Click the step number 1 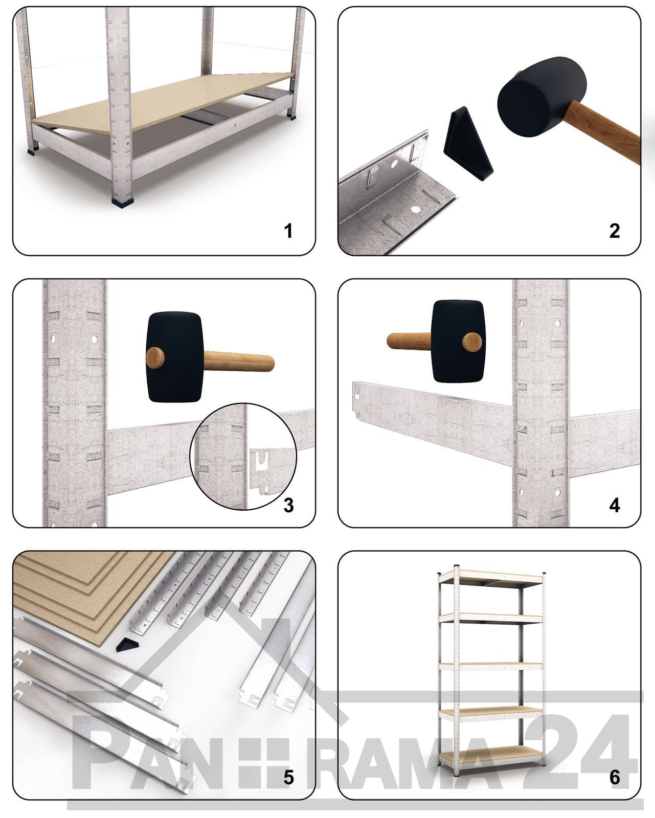pyautogui.click(x=288, y=231)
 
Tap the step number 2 pyautogui.click(x=614, y=231)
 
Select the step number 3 pyautogui.click(x=288, y=505)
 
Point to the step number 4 pyautogui.click(x=614, y=505)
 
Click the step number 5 pyautogui.click(x=288, y=778)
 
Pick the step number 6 pyautogui.click(x=614, y=778)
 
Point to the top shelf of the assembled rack pyautogui.click(x=491, y=578)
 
